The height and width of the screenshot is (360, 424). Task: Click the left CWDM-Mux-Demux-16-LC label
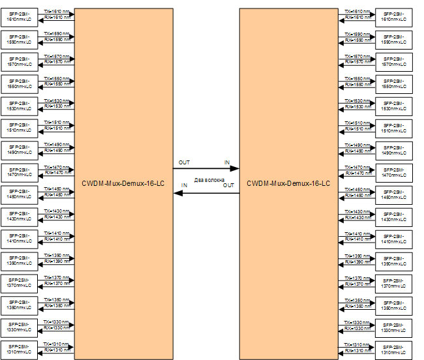[x=123, y=183]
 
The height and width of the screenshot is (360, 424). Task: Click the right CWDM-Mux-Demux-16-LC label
[x=289, y=183]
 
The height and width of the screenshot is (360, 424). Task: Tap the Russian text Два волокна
[x=209, y=179]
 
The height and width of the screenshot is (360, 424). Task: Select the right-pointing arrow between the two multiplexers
[x=206, y=168]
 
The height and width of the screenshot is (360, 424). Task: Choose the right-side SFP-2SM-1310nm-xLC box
[x=393, y=349]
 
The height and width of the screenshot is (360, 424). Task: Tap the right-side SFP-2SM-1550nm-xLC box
[x=393, y=83]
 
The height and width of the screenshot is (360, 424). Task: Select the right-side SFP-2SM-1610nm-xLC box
[x=393, y=16]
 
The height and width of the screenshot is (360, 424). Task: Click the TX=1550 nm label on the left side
[x=57, y=79]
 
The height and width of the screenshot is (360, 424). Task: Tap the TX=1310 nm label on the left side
[x=57, y=344]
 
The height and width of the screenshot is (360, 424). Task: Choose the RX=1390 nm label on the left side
[x=57, y=261]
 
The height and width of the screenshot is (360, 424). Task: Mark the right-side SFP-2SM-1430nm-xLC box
[x=393, y=216]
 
